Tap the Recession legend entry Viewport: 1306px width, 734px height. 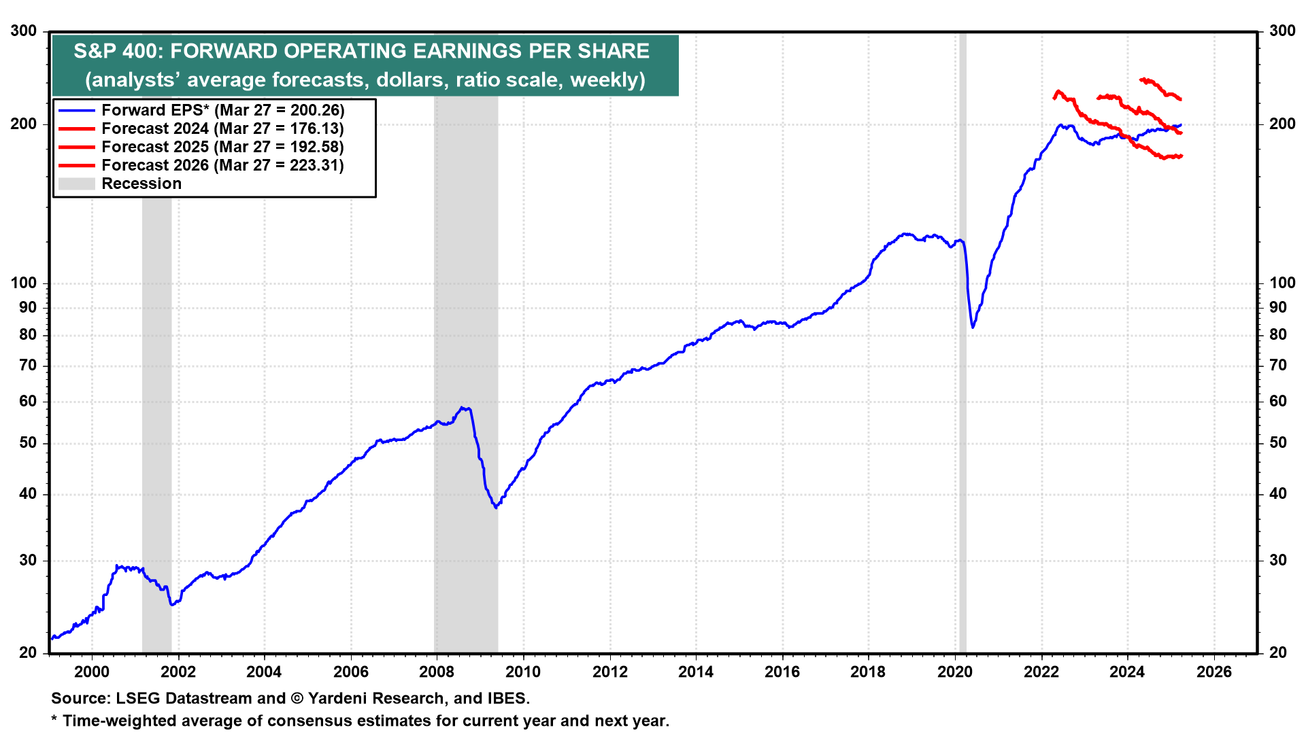pos(141,183)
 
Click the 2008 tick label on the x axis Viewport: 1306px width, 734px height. pos(437,672)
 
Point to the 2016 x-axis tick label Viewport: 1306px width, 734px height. pos(782,672)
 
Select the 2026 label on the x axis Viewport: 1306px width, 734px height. pos(1214,672)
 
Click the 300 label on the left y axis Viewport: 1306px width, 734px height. pos(24,31)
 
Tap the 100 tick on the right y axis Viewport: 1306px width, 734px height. pos(1282,283)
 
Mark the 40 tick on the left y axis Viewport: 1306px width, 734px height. pos(28,494)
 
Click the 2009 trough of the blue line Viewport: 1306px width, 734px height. pos(496,506)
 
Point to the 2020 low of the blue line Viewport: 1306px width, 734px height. pos(973,327)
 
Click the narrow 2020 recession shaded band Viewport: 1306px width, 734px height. pos(962,408)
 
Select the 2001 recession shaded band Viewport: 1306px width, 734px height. pos(156,408)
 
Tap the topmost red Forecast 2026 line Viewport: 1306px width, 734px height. pos(1160,87)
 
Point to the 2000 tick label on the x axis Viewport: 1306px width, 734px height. pos(91,672)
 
